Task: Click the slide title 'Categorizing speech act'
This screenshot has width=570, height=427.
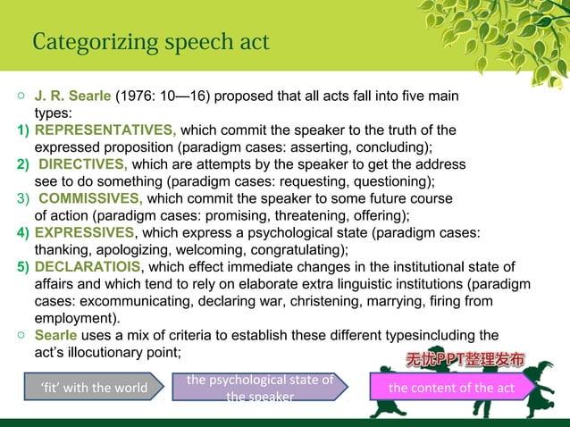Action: pos(149,43)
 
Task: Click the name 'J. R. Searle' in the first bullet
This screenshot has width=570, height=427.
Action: pos(72,96)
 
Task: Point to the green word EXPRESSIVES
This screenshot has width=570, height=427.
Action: pos(85,232)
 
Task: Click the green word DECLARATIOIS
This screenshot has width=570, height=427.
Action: pos(88,267)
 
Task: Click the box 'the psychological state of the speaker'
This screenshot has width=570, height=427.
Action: pos(260,388)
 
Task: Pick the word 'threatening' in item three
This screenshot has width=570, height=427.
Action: pos(286,215)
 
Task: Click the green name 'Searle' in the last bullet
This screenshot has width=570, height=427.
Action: pos(56,335)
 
